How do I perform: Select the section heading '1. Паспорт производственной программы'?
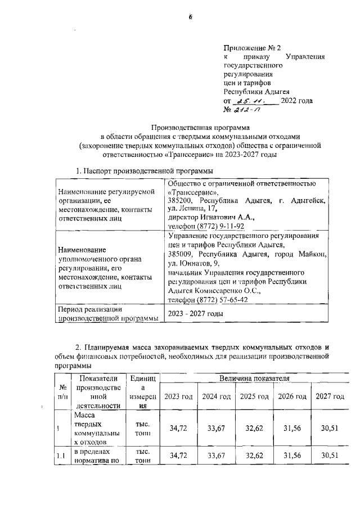point(145,170)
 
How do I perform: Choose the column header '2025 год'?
point(254,397)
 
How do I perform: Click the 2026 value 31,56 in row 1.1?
point(292,456)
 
